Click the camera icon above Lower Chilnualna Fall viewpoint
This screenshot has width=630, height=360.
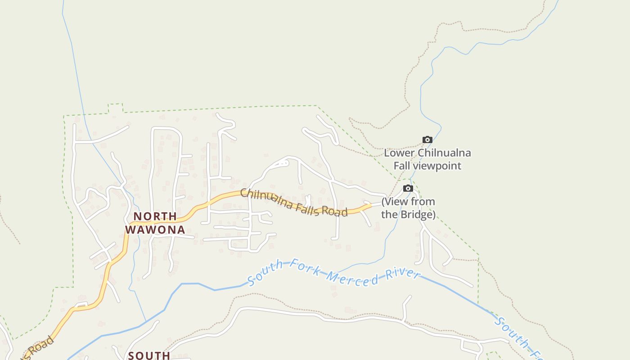click(427, 140)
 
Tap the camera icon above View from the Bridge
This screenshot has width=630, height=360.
click(408, 189)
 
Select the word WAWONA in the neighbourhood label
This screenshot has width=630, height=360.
click(155, 230)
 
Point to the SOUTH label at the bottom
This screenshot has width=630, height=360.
click(149, 355)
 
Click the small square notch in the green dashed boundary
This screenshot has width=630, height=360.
click(116, 108)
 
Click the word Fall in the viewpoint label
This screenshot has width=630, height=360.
click(402, 166)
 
